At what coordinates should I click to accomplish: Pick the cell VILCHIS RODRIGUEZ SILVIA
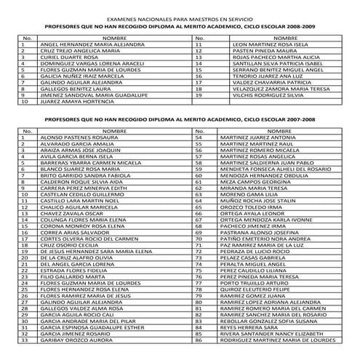(x=238, y=96)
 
